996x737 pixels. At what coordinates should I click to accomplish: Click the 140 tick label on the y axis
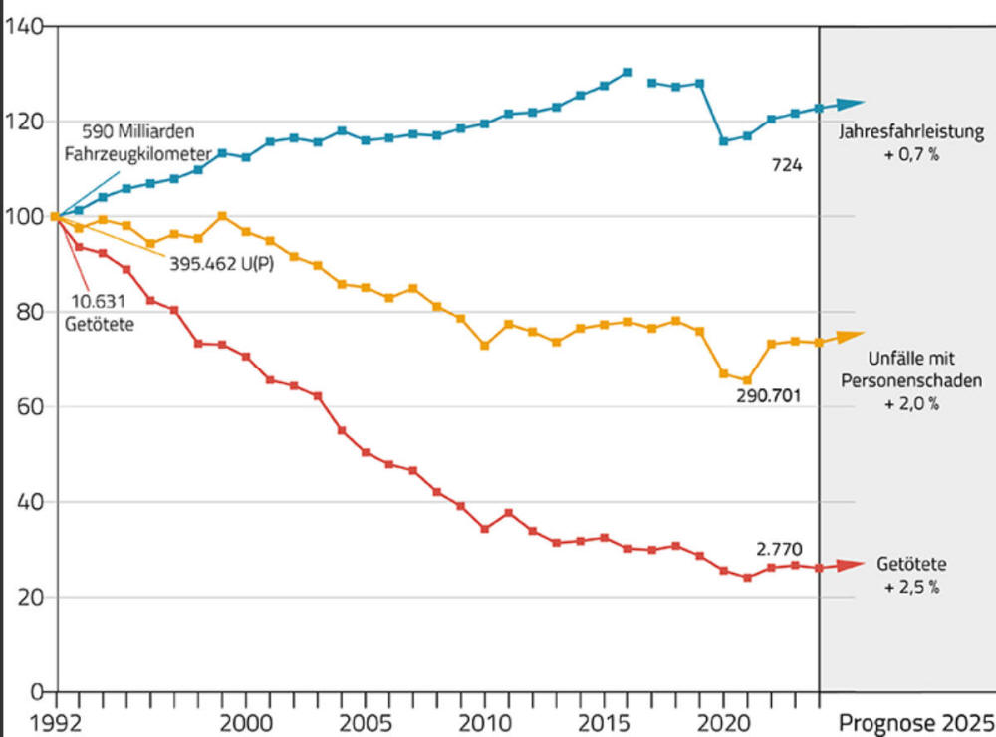(24, 27)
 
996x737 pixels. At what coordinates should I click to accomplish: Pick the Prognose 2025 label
(915, 722)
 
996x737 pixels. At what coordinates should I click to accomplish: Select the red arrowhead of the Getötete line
(850, 566)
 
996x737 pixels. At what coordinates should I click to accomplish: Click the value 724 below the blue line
(787, 166)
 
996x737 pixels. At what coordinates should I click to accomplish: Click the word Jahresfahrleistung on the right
(910, 133)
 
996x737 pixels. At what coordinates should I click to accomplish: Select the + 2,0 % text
(910, 404)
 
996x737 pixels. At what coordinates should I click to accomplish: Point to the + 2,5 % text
(910, 587)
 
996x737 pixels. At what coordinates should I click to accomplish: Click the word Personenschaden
(910, 380)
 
